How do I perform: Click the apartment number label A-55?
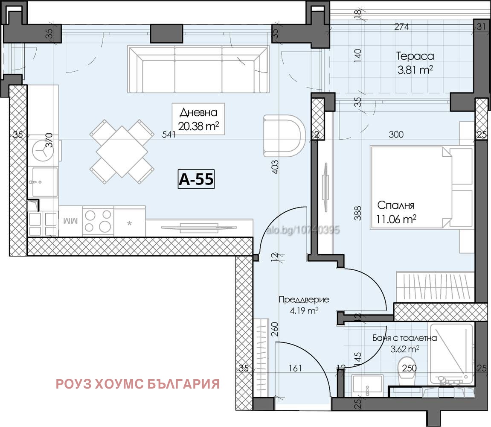point(196,179)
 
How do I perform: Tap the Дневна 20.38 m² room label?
point(198,119)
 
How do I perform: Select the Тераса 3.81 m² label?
point(415,63)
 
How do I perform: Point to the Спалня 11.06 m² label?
point(396,212)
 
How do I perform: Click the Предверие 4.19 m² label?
point(304,305)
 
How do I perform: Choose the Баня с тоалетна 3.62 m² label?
point(404,343)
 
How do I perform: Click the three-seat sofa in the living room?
point(198,70)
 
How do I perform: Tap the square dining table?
point(122,152)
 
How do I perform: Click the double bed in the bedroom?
point(421,187)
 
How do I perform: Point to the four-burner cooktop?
point(98,221)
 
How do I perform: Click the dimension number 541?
point(169,135)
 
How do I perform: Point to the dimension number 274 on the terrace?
point(401,26)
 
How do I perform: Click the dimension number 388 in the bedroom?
point(357,213)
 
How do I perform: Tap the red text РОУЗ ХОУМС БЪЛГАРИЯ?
point(138,384)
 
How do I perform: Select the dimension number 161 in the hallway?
point(295,368)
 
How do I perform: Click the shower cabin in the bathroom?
point(451,354)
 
